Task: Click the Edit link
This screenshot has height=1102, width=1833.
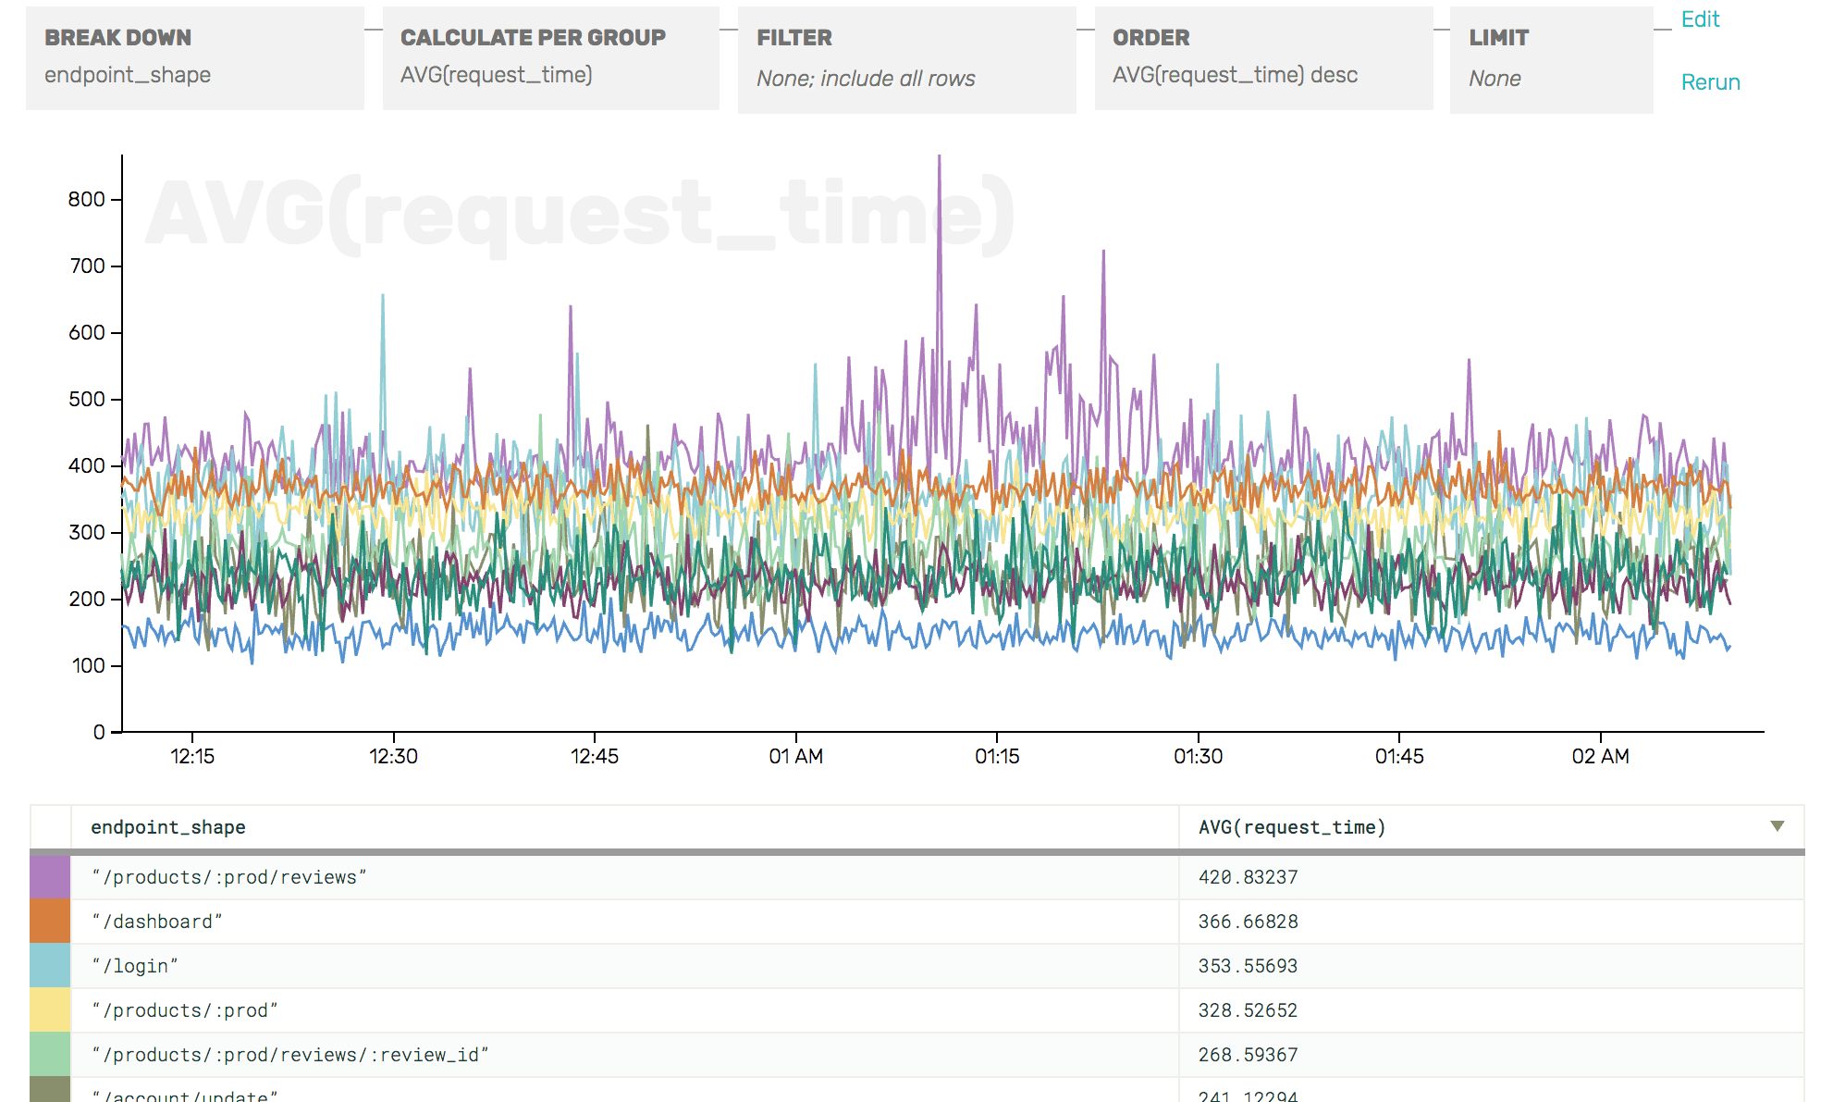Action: [1700, 19]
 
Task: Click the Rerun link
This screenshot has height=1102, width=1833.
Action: [1710, 82]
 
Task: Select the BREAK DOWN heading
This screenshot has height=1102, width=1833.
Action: [117, 38]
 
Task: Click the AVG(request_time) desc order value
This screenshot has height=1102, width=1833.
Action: [1235, 75]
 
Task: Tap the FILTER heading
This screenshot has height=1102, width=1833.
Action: [793, 38]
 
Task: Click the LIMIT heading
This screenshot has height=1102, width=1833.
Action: [1498, 38]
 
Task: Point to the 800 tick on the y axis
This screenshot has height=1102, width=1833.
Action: [87, 199]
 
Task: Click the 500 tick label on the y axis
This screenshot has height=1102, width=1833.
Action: [87, 399]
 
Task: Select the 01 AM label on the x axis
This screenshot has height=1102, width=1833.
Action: [795, 756]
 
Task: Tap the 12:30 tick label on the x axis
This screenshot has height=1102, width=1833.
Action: [393, 756]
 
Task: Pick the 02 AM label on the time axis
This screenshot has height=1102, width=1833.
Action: [1600, 756]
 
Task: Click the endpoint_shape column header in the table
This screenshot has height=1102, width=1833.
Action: [168, 827]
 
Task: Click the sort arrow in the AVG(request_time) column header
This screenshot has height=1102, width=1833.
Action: [1777, 825]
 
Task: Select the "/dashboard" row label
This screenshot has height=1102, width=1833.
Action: [157, 922]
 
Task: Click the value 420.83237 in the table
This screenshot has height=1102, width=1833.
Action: [1248, 877]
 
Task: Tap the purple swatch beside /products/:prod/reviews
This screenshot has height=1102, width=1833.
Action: [50, 877]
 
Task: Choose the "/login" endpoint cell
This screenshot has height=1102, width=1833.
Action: [135, 966]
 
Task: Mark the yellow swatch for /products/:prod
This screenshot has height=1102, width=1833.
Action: [50, 1010]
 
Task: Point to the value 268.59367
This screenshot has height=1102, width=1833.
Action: [1248, 1055]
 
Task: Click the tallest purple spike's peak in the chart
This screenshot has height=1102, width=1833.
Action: [939, 157]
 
